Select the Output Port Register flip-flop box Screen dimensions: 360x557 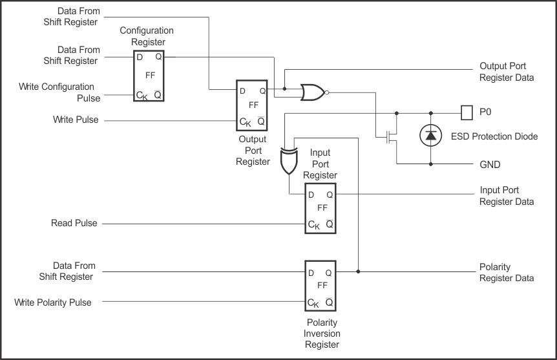click(x=252, y=104)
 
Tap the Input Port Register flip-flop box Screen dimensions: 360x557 click(x=321, y=209)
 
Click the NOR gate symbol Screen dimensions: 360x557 click(x=313, y=92)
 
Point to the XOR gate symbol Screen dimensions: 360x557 click(x=288, y=162)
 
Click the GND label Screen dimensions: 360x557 click(x=490, y=164)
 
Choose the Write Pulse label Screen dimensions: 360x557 click(x=76, y=120)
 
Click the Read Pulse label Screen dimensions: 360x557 click(x=74, y=223)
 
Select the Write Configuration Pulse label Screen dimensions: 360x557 click(x=57, y=92)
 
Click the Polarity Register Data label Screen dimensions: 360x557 click(x=507, y=272)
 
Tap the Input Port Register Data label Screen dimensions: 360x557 click(x=507, y=196)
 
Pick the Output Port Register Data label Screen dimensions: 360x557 click(x=507, y=72)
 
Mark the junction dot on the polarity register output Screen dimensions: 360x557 click(x=358, y=272)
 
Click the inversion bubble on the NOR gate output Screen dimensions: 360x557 click(x=328, y=92)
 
